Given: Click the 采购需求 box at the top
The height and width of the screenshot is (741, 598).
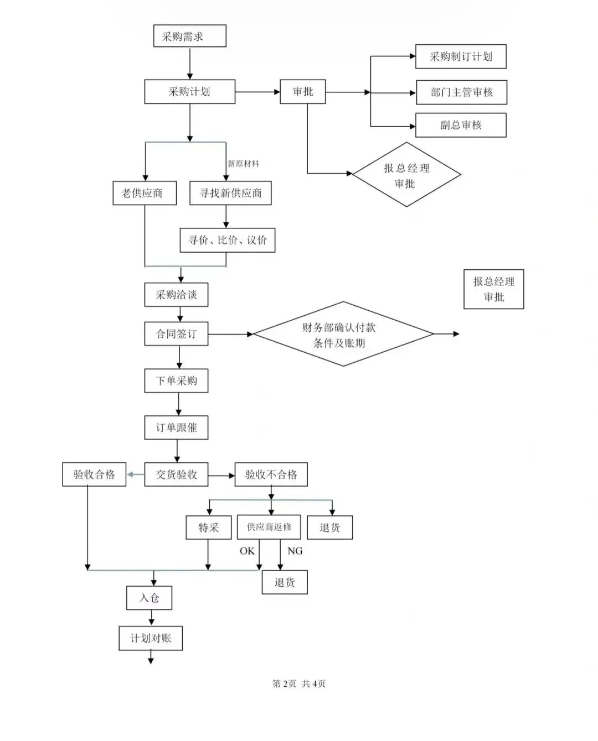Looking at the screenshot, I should [x=189, y=36].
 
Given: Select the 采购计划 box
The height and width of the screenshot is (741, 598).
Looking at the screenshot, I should [x=189, y=92].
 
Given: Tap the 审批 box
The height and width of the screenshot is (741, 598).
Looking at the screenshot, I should [x=302, y=92].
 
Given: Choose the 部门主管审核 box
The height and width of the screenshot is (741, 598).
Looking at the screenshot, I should [x=461, y=92].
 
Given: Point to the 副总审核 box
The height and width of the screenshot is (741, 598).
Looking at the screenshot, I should [x=461, y=125].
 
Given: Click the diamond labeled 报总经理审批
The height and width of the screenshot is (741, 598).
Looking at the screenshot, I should [x=406, y=175].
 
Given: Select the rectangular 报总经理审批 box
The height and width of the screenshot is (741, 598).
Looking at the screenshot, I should [x=493, y=289].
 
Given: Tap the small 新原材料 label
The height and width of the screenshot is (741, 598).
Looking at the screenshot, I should [x=244, y=164].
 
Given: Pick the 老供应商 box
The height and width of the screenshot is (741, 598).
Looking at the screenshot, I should [x=144, y=193].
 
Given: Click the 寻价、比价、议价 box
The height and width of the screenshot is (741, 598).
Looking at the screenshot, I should [x=227, y=241].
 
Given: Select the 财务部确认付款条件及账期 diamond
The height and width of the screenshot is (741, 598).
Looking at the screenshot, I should [x=342, y=335].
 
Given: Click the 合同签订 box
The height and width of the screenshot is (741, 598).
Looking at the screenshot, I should [x=176, y=334].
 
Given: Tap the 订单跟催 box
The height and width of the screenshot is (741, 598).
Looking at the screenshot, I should [x=176, y=427].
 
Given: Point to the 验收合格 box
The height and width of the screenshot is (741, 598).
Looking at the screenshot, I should [x=94, y=474].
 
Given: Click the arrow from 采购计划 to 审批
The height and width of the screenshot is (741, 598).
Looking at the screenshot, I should [x=257, y=92].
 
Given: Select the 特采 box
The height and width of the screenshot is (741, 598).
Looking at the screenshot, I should [x=208, y=528].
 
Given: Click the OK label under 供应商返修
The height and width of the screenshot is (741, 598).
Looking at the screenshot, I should [x=247, y=551].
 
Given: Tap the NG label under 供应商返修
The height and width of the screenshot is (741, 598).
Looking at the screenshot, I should [x=295, y=551].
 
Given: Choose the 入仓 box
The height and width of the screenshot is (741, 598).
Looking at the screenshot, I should [x=149, y=598].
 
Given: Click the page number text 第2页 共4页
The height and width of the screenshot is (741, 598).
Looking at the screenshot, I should [x=299, y=683].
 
